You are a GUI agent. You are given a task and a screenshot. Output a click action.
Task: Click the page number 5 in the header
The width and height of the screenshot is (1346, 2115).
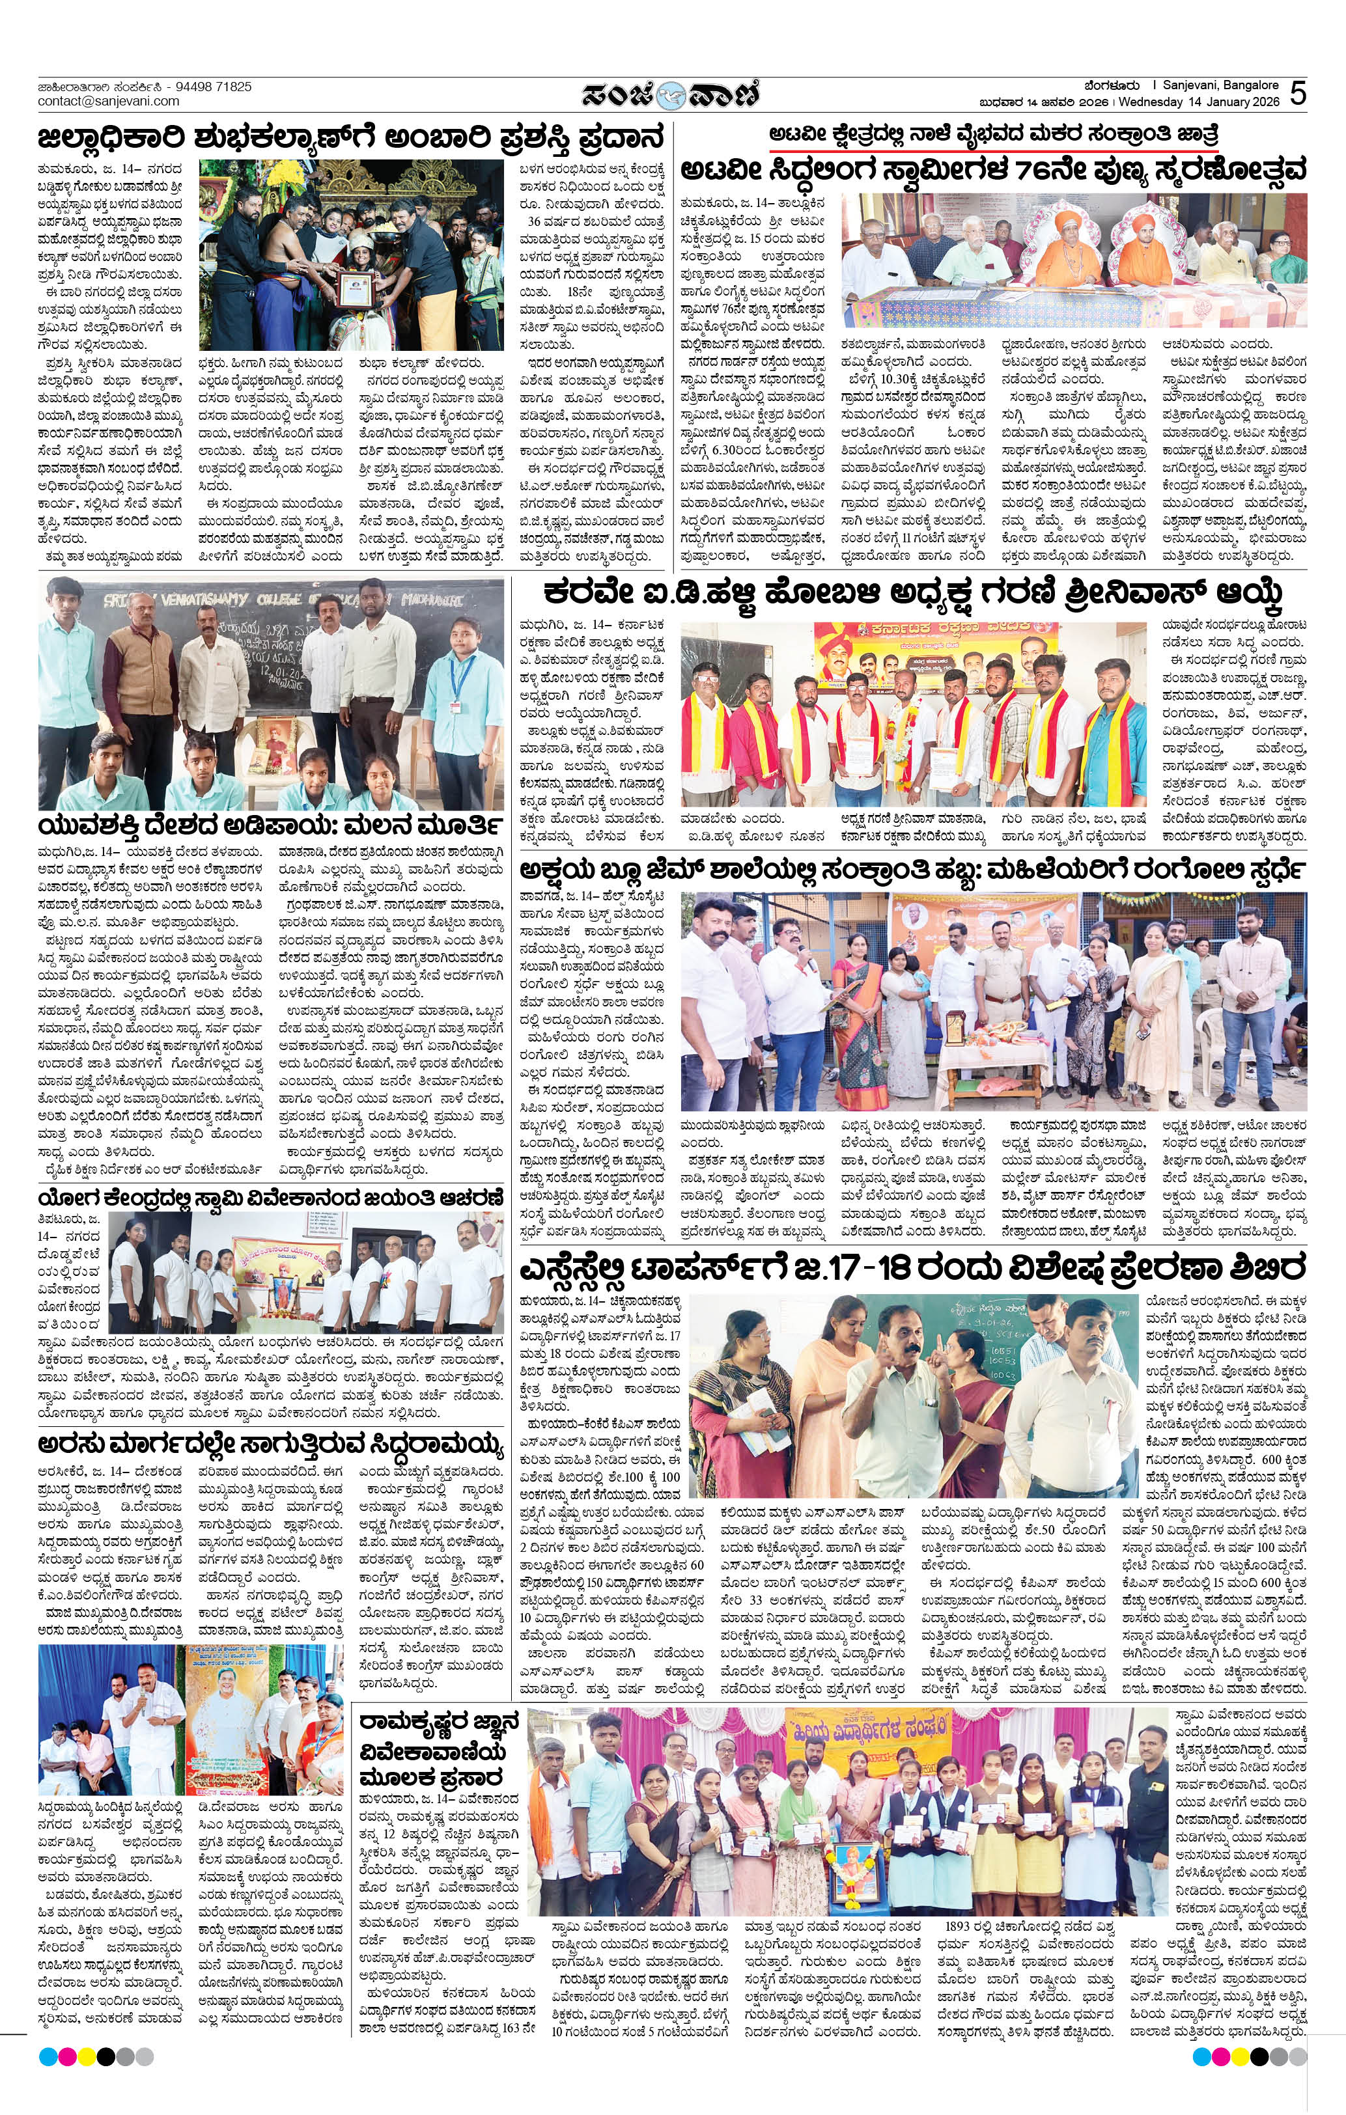click(x=1298, y=93)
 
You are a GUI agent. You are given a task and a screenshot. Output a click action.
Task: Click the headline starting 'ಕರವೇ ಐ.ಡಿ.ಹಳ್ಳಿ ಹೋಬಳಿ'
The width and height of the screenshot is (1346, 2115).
click(x=912, y=594)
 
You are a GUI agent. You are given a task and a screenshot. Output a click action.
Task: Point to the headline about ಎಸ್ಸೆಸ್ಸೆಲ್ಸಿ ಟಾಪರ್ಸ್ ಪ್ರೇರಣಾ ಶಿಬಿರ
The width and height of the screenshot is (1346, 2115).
click(x=912, y=1268)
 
